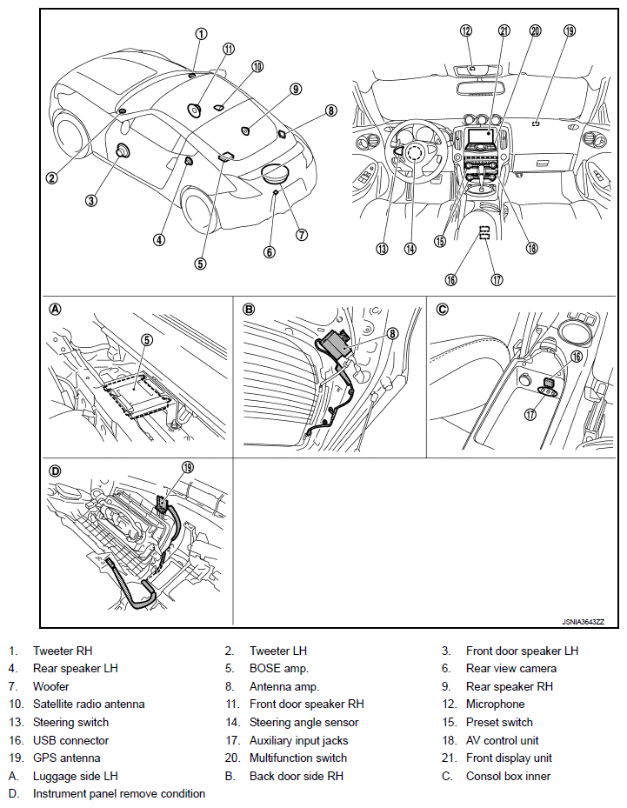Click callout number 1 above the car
(201, 34)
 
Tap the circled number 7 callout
(302, 234)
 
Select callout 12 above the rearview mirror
(466, 30)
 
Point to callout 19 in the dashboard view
(570, 30)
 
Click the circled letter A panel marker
(56, 309)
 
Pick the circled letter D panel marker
(56, 471)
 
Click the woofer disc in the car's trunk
(277, 174)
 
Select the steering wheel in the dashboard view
(414, 153)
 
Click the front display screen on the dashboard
(481, 137)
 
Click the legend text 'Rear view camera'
(510, 669)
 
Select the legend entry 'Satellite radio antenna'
(89, 704)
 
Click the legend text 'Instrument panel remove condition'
(119, 794)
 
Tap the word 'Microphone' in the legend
(495, 704)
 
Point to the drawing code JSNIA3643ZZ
(582, 622)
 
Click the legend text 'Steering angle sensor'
(303, 723)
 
